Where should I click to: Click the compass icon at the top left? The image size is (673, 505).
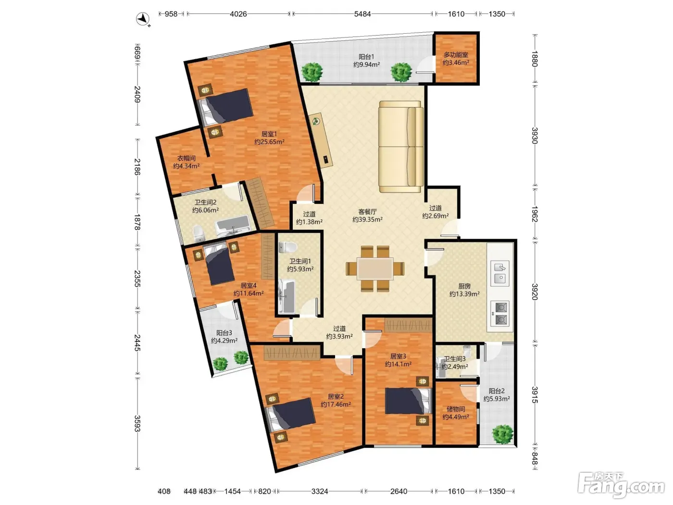tap(143, 19)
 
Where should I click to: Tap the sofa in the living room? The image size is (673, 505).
tap(401, 147)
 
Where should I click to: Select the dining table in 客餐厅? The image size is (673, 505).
tap(375, 268)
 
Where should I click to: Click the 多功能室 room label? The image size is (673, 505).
tap(456, 55)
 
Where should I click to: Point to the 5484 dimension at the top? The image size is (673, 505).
tap(362, 14)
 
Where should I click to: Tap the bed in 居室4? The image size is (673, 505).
tap(218, 264)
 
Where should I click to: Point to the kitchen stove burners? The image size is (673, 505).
tap(500, 314)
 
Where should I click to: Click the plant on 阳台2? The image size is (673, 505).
tap(502, 434)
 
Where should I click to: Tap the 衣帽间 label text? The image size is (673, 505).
tap(186, 158)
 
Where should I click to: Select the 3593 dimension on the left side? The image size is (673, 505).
tap(137, 423)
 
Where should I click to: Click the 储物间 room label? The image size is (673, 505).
tap(456, 409)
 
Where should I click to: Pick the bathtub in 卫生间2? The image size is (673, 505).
tap(233, 226)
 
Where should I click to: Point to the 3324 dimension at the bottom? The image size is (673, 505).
tap(320, 491)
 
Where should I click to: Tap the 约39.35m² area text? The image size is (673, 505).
tap(367, 219)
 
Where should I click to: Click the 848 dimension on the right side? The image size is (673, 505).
tap(535, 458)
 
